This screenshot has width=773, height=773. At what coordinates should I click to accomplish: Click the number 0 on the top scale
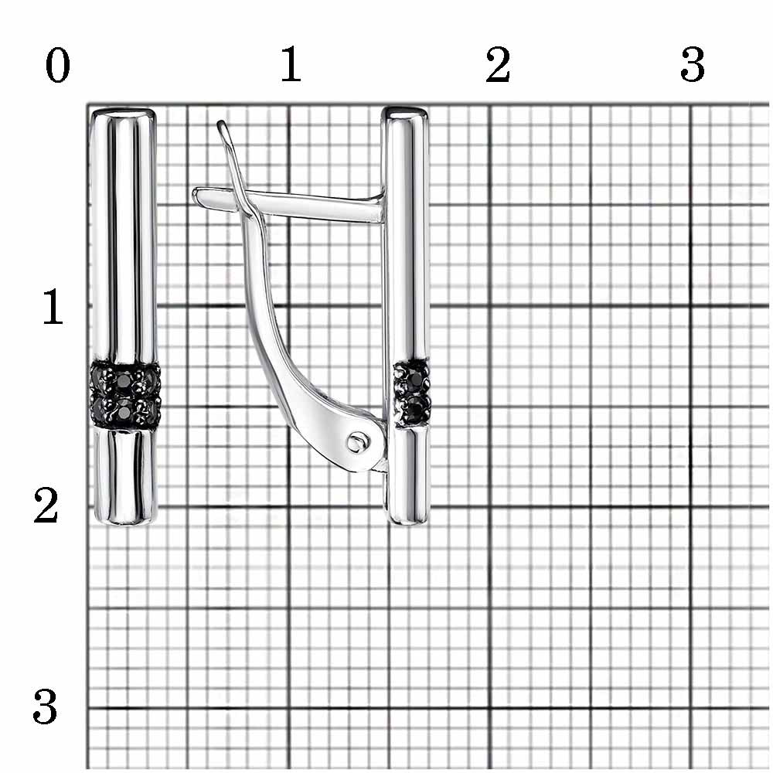point(58,66)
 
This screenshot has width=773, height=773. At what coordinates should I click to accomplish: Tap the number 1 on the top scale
point(291,64)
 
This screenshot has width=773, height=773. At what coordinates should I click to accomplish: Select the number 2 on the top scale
point(497,65)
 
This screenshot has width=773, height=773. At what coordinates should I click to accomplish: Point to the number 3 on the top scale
point(692,65)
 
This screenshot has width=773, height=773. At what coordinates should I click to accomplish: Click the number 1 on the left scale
point(53,307)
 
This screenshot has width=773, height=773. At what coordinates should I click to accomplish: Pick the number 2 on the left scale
point(46,506)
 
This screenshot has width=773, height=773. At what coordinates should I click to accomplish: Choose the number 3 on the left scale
point(46,707)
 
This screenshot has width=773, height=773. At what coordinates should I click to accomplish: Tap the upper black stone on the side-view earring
point(417,380)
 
